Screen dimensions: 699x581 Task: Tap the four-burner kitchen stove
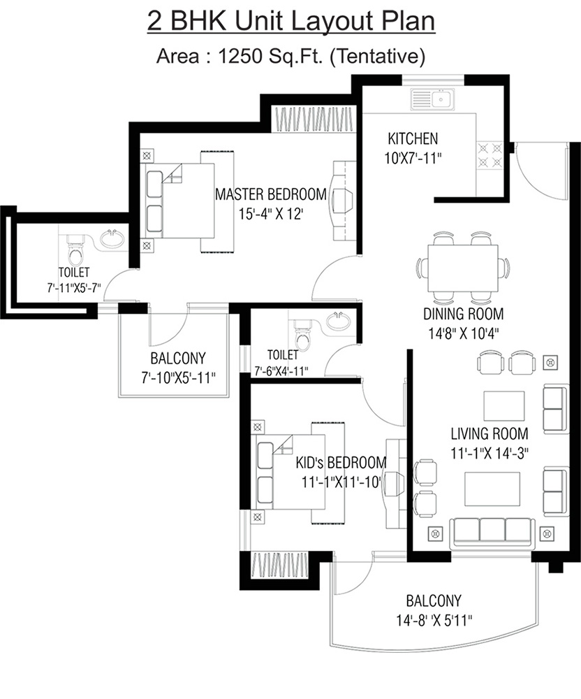490,155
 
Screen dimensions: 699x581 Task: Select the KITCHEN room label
413,138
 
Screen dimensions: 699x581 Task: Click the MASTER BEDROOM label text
271,194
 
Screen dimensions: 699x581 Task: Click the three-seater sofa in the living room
493,531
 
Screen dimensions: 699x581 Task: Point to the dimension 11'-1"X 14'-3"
489,452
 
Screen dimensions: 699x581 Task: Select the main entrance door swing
534,171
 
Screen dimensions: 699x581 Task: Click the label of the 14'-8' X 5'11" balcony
434,600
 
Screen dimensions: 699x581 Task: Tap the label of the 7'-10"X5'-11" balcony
177,359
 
